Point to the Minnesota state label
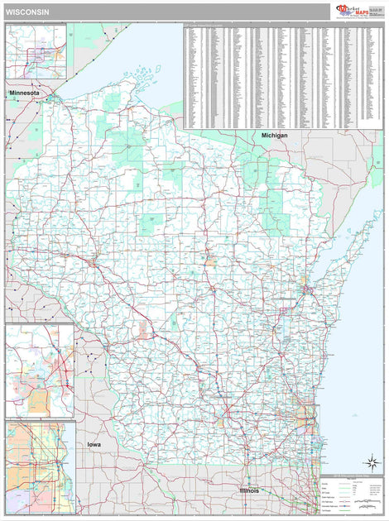24,93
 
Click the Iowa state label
95,444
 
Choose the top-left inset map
36,51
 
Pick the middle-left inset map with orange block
39,371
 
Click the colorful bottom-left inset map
40,467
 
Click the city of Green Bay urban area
306,290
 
